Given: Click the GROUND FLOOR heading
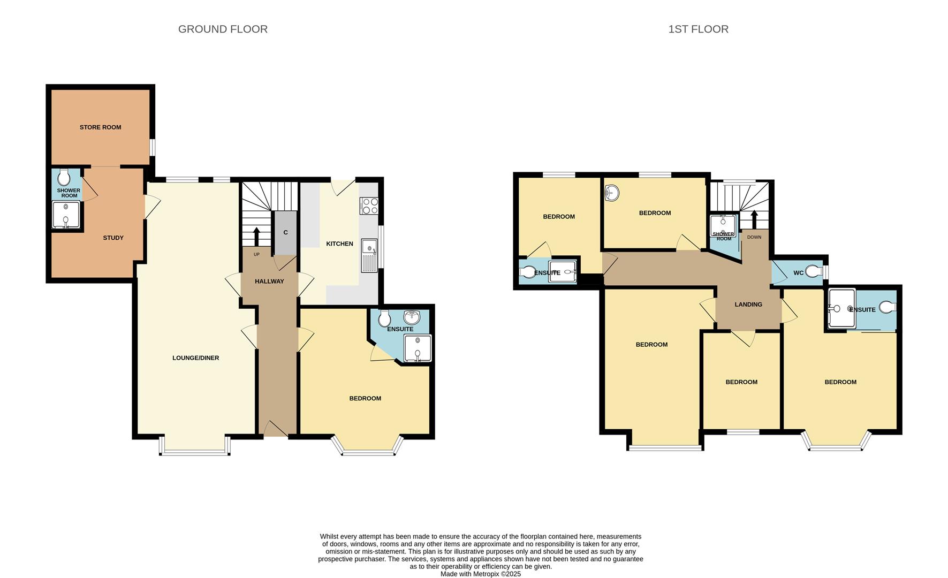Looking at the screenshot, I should [223, 29].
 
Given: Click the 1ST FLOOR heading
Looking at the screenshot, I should [698, 29].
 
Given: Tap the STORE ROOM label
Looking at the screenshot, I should [100, 127].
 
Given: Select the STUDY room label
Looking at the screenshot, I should [113, 238].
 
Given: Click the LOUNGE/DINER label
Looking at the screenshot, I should [195, 358].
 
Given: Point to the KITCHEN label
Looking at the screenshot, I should [339, 244].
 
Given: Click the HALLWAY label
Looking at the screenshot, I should [269, 282].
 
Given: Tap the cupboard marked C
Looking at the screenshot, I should [285, 233].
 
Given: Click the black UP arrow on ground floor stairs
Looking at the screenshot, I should [256, 236].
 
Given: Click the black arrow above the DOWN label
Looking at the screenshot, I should [754, 219].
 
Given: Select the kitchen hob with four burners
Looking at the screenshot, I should [369, 206].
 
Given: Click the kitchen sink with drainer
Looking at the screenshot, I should [369, 255].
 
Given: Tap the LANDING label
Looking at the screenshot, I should [748, 305].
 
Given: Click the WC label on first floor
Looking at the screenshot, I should [798, 273].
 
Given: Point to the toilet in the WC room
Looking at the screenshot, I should [814, 272].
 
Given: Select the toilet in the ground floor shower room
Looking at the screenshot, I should [64, 177].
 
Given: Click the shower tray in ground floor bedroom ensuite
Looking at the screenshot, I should [418, 349].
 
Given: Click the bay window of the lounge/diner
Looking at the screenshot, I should [195, 453].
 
